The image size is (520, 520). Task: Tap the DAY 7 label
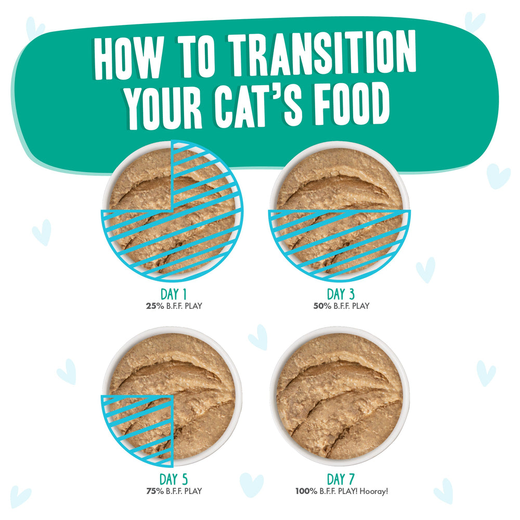pyautogui.click(x=341, y=480)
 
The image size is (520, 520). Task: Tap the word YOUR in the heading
pyautogui.click(x=164, y=108)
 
